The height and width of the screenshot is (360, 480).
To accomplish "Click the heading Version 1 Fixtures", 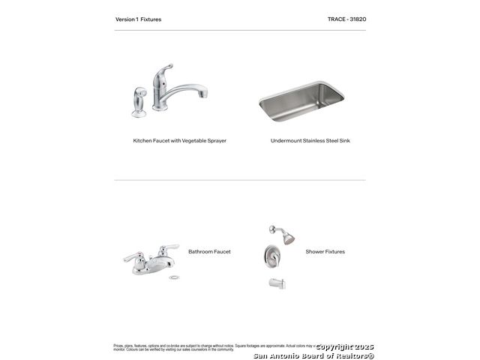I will click(x=138, y=19).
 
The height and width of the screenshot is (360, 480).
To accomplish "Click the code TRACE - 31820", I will click(x=346, y=19).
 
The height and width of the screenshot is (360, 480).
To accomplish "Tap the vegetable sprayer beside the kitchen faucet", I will click(x=139, y=103).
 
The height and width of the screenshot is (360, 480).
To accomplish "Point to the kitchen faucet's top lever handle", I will click(x=165, y=71).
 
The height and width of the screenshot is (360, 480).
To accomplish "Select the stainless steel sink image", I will click(x=301, y=101).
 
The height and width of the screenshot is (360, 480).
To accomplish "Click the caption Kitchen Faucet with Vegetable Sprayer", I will click(x=179, y=140).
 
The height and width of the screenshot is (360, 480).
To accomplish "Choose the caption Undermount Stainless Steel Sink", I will click(x=310, y=140).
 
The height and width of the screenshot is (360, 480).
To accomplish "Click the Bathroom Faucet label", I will click(x=209, y=252).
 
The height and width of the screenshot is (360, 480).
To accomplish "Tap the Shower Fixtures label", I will click(x=325, y=252).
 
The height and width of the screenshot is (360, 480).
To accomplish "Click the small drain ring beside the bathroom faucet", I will click(x=174, y=277).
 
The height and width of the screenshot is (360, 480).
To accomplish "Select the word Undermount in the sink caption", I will click(x=286, y=140).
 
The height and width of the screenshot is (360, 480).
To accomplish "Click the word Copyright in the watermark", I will click(x=334, y=347).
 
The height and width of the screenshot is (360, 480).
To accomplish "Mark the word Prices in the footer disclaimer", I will click(x=118, y=346).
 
